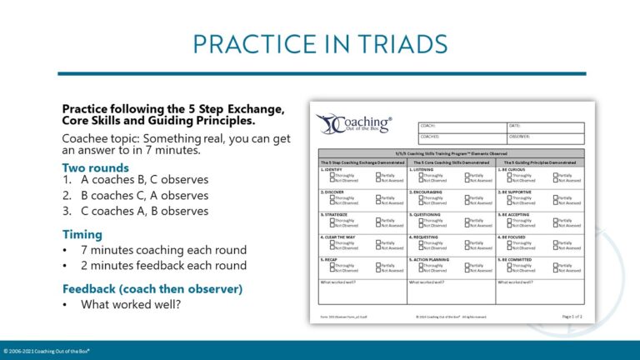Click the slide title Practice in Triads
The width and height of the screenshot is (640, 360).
[320, 43]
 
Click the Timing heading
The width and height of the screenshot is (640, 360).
[82, 235]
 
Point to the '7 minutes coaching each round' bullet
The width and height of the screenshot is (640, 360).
[163, 250]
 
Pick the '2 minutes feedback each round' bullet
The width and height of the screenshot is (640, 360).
[163, 266]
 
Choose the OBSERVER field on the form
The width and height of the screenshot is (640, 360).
[545, 137]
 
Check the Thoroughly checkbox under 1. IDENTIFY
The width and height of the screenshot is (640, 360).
[332, 175]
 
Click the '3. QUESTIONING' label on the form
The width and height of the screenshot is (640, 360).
[427, 214]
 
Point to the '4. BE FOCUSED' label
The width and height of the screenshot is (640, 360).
[515, 237]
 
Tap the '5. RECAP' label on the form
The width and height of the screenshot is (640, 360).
[330, 259]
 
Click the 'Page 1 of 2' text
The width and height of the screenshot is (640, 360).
[572, 317]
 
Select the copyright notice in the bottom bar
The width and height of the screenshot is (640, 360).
[47, 351]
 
